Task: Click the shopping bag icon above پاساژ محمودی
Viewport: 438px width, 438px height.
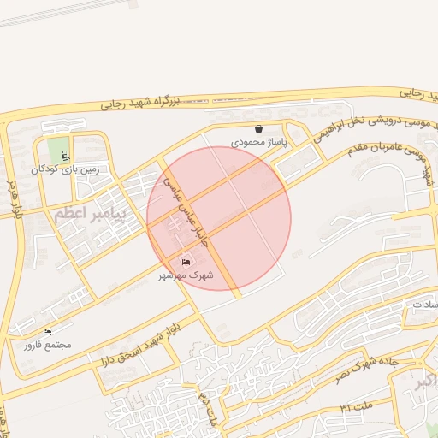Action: click(258, 128)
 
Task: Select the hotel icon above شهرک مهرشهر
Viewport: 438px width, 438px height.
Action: click(186, 262)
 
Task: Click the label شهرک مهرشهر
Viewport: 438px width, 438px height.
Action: click(185, 275)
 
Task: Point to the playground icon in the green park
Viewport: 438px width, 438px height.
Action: click(65, 156)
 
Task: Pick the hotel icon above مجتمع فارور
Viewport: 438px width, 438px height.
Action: click(47, 331)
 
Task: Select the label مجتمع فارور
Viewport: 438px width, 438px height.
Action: click(48, 345)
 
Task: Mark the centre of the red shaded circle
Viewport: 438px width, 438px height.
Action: click(219, 218)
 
